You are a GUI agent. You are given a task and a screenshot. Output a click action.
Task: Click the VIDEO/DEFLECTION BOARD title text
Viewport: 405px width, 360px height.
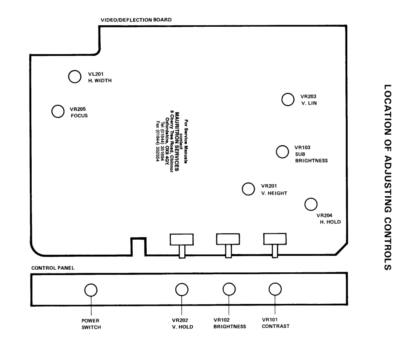[136, 20]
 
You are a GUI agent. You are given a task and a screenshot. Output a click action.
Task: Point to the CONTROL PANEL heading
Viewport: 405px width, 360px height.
[53, 268]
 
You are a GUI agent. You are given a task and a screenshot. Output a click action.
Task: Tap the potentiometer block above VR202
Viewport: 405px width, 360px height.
[182, 239]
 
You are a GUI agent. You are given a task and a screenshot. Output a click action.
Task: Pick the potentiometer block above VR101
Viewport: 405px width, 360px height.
[275, 239]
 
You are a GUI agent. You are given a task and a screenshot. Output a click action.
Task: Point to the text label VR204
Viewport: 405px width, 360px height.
[324, 216]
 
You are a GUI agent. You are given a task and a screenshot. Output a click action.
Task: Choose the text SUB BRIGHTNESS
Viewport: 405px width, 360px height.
[311, 158]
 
